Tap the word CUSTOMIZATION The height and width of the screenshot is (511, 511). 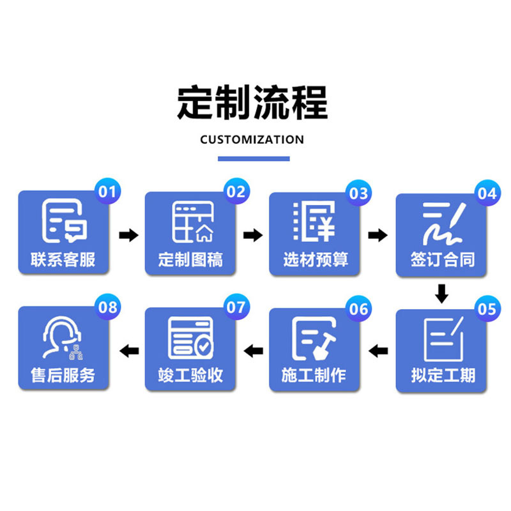point(252,140)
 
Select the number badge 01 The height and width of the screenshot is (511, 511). point(108,190)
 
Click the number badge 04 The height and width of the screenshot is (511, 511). point(487,192)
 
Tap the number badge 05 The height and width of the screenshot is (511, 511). point(487,309)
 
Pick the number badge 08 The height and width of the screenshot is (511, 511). point(108,307)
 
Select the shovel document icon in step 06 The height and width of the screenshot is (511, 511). point(314,337)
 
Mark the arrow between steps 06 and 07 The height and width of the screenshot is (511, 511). point(254,350)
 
